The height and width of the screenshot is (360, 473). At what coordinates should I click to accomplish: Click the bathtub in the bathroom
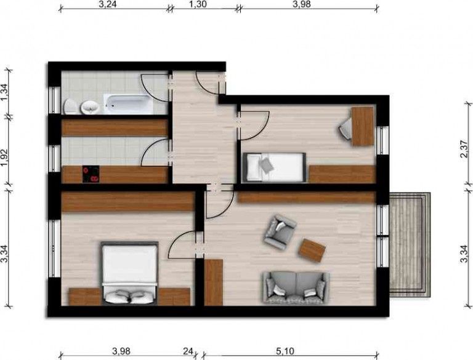128,103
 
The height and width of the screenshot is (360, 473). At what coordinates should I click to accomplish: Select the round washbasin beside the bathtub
91,107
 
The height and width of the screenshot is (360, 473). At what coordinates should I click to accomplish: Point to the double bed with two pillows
129,274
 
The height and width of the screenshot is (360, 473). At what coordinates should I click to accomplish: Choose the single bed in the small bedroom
275,167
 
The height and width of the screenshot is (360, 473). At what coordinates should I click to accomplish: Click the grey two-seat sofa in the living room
295,287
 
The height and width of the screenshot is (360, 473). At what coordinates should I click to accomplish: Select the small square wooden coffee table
312,250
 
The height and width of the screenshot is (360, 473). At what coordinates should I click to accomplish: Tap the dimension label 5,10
285,351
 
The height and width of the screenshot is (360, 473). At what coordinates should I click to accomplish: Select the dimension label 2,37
466,148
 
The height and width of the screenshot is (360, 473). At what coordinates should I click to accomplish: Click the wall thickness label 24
189,351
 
